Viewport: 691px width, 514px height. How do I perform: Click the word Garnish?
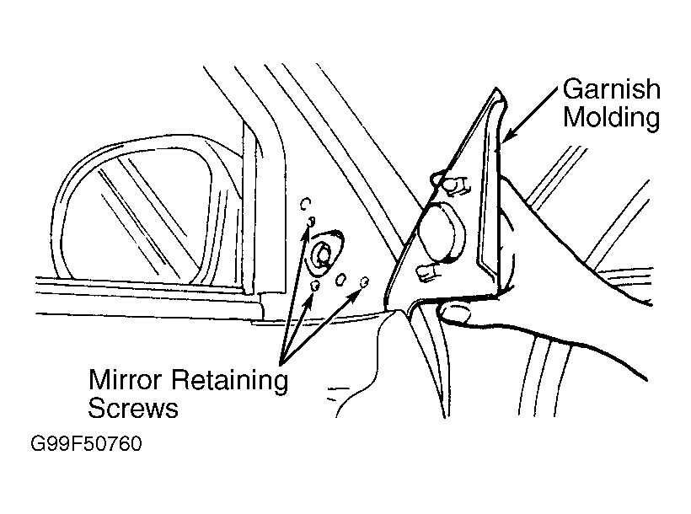coord(611,89)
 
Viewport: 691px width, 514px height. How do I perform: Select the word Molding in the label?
coord(611,117)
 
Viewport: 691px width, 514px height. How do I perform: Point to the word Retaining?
coord(229,380)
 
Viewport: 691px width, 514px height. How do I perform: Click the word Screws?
coord(133,408)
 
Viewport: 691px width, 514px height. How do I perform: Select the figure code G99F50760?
coord(86,443)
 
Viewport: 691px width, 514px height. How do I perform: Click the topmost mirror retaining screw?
coord(311,221)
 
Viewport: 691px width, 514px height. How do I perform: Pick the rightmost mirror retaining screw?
coord(364,281)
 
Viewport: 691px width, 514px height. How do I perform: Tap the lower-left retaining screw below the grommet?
coord(314,285)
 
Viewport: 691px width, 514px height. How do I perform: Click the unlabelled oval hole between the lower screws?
coord(341,279)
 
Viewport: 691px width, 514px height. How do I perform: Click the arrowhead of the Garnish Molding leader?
coord(507,136)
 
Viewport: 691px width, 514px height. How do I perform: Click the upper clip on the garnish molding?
coord(455,185)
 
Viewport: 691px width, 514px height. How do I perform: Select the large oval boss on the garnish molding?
coord(441,233)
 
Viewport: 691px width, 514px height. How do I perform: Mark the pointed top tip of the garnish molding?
coord(495,88)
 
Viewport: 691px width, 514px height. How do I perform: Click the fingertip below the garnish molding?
coord(455,313)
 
